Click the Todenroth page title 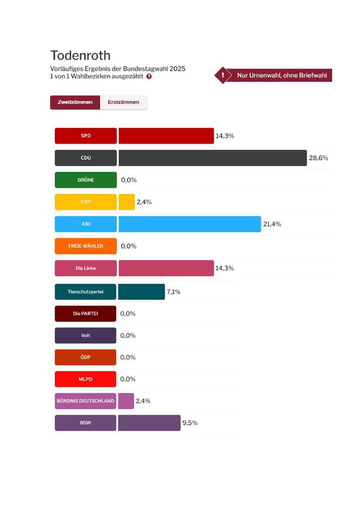coord(80,55)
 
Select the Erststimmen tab coord(123,102)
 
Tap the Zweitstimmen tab coord(75,102)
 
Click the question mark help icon coord(149,76)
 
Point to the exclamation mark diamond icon coord(223,75)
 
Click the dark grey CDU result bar coord(212,158)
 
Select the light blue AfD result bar coord(189,224)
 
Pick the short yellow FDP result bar coord(126,202)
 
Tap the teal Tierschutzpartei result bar coord(141,291)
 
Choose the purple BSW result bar coord(149,423)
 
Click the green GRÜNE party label coord(85,180)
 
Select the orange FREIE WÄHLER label coord(85,246)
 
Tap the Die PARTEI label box coord(85,314)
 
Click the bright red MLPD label coord(85,379)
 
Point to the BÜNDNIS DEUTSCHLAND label coord(85,401)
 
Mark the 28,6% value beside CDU coord(318,158)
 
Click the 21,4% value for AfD coord(272,224)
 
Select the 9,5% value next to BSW coord(190,423)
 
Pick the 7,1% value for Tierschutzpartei coord(173,291)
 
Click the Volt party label coord(85,335)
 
